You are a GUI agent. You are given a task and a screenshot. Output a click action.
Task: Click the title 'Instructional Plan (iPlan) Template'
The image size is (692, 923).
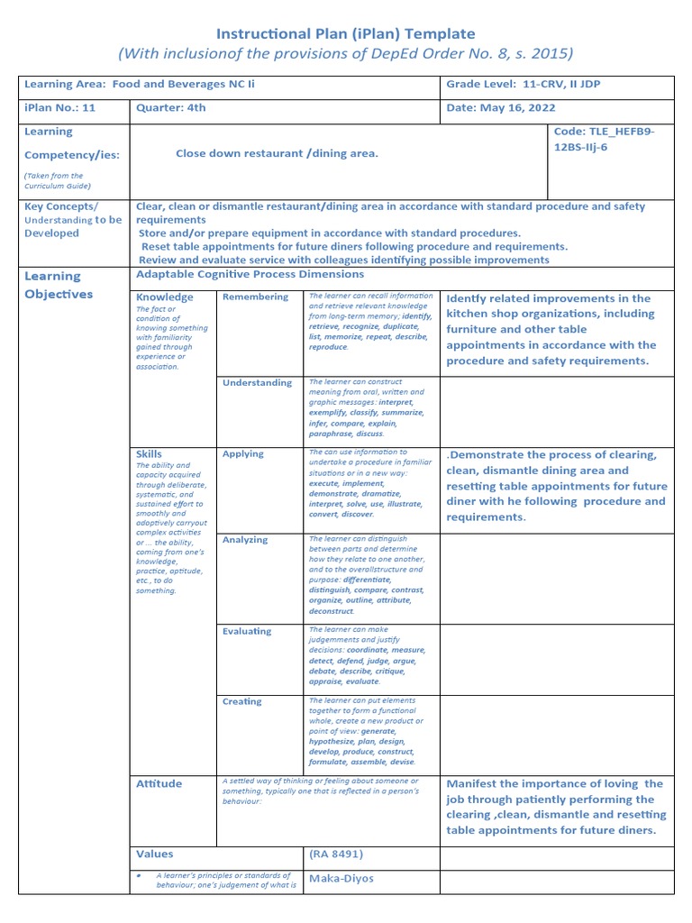click(345, 33)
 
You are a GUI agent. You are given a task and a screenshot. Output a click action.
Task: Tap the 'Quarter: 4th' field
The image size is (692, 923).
click(171, 108)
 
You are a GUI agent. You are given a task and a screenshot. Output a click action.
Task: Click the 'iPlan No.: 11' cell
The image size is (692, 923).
click(59, 108)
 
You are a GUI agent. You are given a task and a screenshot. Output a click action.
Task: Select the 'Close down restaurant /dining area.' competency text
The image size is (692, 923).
click(277, 153)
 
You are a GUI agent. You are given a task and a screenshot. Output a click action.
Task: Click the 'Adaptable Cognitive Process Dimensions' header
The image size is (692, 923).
click(250, 274)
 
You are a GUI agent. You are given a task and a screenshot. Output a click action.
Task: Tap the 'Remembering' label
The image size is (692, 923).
click(255, 297)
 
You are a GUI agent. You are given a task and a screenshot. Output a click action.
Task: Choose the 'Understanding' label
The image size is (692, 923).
click(257, 382)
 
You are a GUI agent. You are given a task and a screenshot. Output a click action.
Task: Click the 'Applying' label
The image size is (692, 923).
click(243, 453)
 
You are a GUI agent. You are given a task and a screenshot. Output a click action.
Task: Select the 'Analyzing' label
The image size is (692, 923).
click(245, 540)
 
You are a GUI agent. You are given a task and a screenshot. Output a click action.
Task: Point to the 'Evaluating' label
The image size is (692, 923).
click(247, 631)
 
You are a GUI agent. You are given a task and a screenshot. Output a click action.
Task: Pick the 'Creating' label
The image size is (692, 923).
click(241, 701)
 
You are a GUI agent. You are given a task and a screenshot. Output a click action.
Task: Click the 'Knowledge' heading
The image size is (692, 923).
click(164, 297)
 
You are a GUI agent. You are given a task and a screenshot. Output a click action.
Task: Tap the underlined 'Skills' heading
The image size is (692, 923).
click(150, 454)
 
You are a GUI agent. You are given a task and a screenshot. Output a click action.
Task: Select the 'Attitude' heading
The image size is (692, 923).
click(159, 783)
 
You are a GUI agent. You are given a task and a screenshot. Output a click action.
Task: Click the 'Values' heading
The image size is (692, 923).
click(155, 854)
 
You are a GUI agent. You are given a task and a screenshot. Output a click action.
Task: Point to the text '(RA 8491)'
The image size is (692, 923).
click(336, 854)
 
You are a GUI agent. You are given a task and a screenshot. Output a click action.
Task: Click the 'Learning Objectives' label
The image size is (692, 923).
click(59, 285)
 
